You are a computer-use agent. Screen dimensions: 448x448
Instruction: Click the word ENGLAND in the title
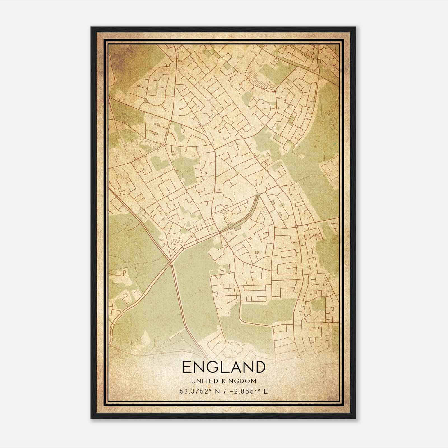point(224,367)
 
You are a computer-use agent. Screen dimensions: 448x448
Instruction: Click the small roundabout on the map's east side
point(296,226)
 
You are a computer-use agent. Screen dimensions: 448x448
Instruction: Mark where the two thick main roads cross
point(171,262)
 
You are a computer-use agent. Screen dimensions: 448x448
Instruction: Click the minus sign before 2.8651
point(232,391)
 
